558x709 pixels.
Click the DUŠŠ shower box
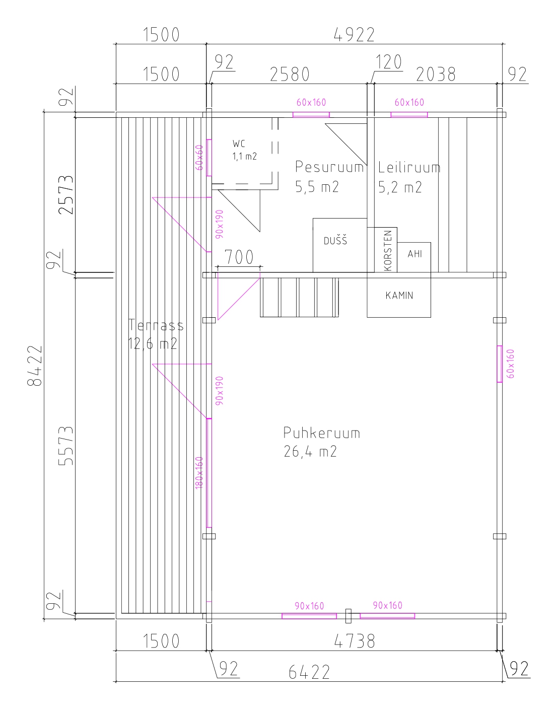click(x=340, y=245)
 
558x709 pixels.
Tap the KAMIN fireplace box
click(x=399, y=295)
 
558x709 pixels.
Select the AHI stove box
click(x=414, y=257)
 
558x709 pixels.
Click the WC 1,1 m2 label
click(x=245, y=150)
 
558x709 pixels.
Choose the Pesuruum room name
click(x=329, y=167)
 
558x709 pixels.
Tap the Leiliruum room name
click(x=409, y=167)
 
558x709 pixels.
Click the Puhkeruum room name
click(x=322, y=433)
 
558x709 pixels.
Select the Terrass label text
click(x=156, y=325)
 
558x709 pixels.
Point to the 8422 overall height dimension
click(x=35, y=366)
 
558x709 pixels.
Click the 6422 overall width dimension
click(x=309, y=672)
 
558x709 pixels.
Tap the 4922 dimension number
click(x=355, y=35)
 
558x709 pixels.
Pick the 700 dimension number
click(x=239, y=257)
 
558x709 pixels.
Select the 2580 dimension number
click(x=290, y=74)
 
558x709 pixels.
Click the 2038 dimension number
click(x=436, y=74)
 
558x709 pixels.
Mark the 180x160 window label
click(x=199, y=473)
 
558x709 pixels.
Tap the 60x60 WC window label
click(x=199, y=158)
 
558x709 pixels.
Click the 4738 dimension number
click(x=355, y=642)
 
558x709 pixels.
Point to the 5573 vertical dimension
click(x=65, y=446)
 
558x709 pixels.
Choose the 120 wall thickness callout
click(x=389, y=62)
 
